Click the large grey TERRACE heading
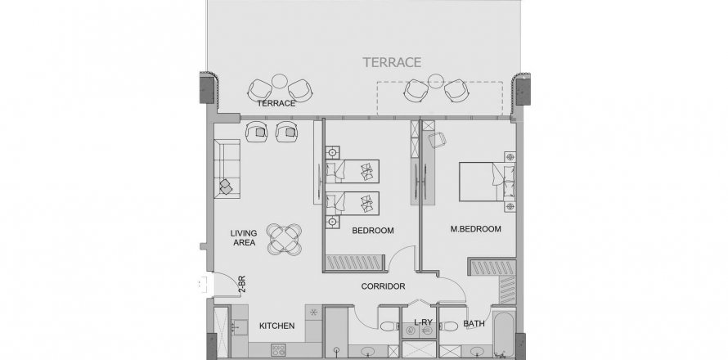coord(392,62)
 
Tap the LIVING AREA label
coord(244,238)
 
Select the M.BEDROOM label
coord(476,229)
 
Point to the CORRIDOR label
coord(383,286)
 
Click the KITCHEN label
coord(276,326)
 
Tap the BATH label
coord(474,323)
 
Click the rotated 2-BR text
coord(241,284)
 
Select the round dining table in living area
coord(284,239)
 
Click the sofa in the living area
coord(227,169)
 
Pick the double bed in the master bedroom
coord(487,181)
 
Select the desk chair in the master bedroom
coord(437,139)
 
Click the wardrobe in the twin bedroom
coord(355,263)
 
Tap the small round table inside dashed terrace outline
coord(434,81)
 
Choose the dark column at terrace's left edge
coord(208,89)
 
